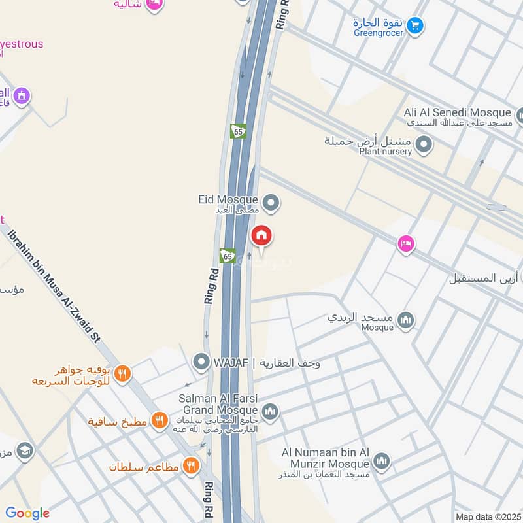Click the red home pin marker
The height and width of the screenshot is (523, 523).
(261, 235)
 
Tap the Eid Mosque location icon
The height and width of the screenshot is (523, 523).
(271, 204)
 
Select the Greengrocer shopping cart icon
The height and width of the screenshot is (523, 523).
(414, 26)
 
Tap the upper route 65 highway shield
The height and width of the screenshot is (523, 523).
(238, 131)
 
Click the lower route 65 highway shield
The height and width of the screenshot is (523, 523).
(228, 256)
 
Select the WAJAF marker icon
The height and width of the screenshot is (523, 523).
(201, 361)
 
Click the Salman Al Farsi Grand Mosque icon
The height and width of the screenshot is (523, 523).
(271, 412)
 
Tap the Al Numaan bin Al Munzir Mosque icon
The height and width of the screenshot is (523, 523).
(382, 461)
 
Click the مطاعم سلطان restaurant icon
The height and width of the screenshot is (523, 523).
(191, 465)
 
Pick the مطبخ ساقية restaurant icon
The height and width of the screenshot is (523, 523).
(159, 420)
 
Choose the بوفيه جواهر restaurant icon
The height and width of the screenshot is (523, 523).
(122, 374)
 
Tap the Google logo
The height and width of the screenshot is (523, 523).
(27, 513)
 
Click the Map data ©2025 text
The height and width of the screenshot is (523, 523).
(487, 516)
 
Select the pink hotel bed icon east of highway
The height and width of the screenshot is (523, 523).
(405, 245)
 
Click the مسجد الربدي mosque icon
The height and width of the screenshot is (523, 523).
(406, 320)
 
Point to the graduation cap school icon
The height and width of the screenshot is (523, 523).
(25, 451)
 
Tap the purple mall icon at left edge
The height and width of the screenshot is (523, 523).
(21, 96)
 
